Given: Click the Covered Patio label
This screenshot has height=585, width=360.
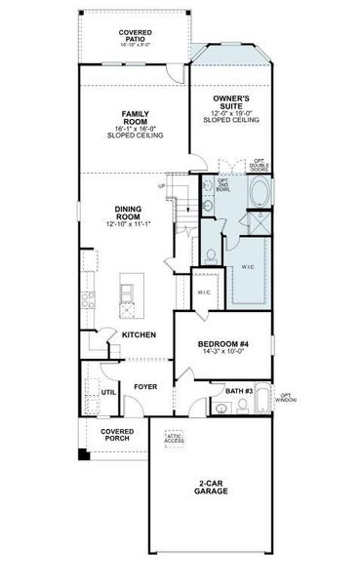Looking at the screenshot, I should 135,35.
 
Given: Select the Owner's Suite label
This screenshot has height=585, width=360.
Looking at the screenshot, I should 231,100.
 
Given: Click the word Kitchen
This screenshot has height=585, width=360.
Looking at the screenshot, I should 139,334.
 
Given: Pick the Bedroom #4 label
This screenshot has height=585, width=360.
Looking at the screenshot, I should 225,345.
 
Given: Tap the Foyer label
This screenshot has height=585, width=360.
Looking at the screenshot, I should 146,386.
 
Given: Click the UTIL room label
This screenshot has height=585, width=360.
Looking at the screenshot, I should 108,392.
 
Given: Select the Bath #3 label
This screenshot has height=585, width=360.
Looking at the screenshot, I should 239,391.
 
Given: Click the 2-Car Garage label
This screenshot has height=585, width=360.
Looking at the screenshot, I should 210,487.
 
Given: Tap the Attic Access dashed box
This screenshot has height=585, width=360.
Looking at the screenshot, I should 175,439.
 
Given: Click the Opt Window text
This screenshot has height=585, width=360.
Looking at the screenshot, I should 286,397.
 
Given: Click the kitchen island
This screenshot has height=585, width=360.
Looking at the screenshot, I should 127,294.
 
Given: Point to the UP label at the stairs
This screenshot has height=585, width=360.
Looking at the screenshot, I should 162,186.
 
